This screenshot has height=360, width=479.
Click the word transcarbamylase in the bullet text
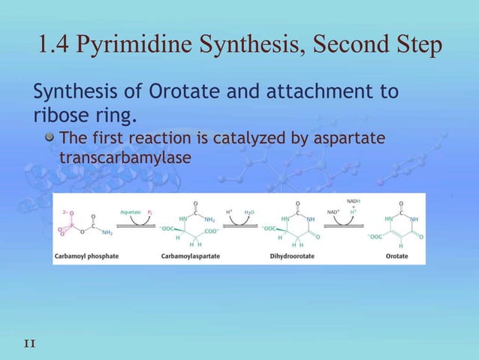[125, 159]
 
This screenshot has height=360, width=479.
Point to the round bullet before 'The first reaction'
[50, 140]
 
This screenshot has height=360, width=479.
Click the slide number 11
[29, 343]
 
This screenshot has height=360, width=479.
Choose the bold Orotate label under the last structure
[397, 256]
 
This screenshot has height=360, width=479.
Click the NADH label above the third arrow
[354, 201]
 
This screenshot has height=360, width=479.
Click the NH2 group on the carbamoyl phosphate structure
[108, 233]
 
